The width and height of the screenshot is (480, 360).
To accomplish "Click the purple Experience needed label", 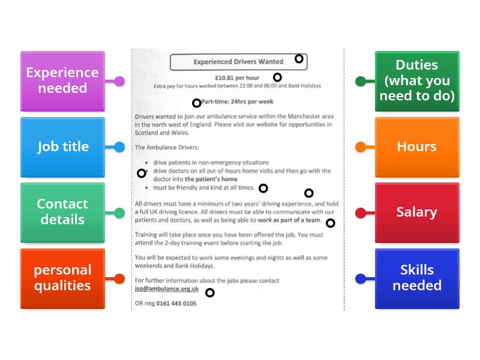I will [x=62, y=81].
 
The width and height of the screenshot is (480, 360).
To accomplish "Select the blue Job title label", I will [x=62, y=147].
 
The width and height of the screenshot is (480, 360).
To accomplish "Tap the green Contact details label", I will [x=62, y=212].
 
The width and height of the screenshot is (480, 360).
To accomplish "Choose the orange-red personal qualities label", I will [x=62, y=278].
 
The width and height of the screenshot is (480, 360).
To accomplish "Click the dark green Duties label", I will [x=417, y=81].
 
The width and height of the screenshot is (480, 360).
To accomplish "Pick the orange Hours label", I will [x=417, y=147].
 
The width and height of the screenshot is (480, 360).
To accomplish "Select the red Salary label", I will [x=417, y=212].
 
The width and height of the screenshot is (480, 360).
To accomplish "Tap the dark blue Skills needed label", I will [x=417, y=278].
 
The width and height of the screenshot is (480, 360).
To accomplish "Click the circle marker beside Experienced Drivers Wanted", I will [x=299, y=59].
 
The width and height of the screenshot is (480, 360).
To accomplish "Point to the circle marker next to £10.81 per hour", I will [x=277, y=77].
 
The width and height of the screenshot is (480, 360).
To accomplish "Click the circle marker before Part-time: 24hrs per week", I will [x=196, y=103].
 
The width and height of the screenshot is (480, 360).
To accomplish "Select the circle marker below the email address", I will [x=209, y=293].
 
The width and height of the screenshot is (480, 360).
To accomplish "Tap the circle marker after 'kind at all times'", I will [x=263, y=188].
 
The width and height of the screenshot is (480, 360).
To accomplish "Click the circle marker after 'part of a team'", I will [x=330, y=223].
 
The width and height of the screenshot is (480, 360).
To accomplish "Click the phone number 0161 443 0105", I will [x=176, y=304].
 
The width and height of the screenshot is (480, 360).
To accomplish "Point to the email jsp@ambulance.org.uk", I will [x=167, y=289].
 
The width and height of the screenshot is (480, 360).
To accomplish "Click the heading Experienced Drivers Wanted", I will [x=238, y=62].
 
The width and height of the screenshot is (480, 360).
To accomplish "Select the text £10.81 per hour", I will [x=237, y=78].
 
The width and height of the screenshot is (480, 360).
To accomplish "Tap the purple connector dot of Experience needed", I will [x=119, y=81].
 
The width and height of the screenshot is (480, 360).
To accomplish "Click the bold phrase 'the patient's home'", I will [x=211, y=179].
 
